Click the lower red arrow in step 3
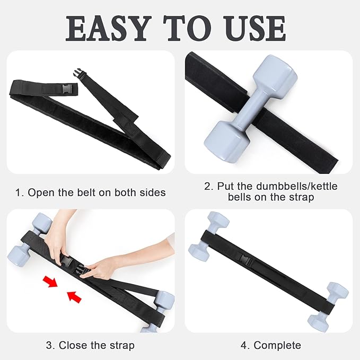click(x=74, y=298)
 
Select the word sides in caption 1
click(x=153, y=192)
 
